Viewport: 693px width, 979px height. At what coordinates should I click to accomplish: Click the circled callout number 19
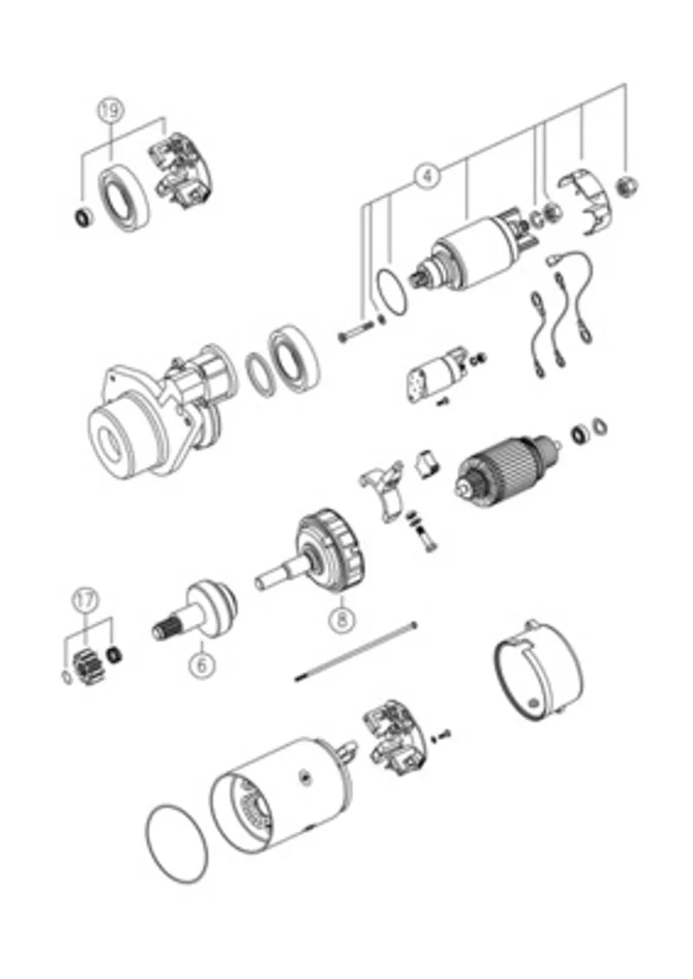[x=111, y=110]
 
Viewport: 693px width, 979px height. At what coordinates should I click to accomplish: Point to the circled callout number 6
[x=201, y=665]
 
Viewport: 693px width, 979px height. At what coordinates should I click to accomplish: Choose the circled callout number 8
[x=341, y=619]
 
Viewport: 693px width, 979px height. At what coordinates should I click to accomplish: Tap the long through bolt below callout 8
[x=355, y=652]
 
